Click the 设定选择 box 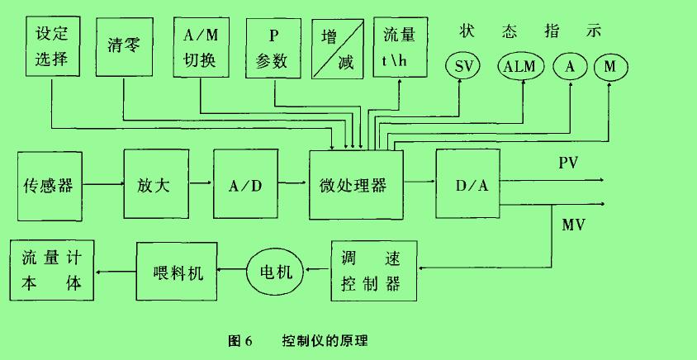pos(56,46)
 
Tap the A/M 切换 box pos(199,47)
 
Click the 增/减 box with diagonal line pos(339,48)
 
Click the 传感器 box pos(50,185)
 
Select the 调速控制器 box pos(374,270)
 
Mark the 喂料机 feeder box pos(176,270)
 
